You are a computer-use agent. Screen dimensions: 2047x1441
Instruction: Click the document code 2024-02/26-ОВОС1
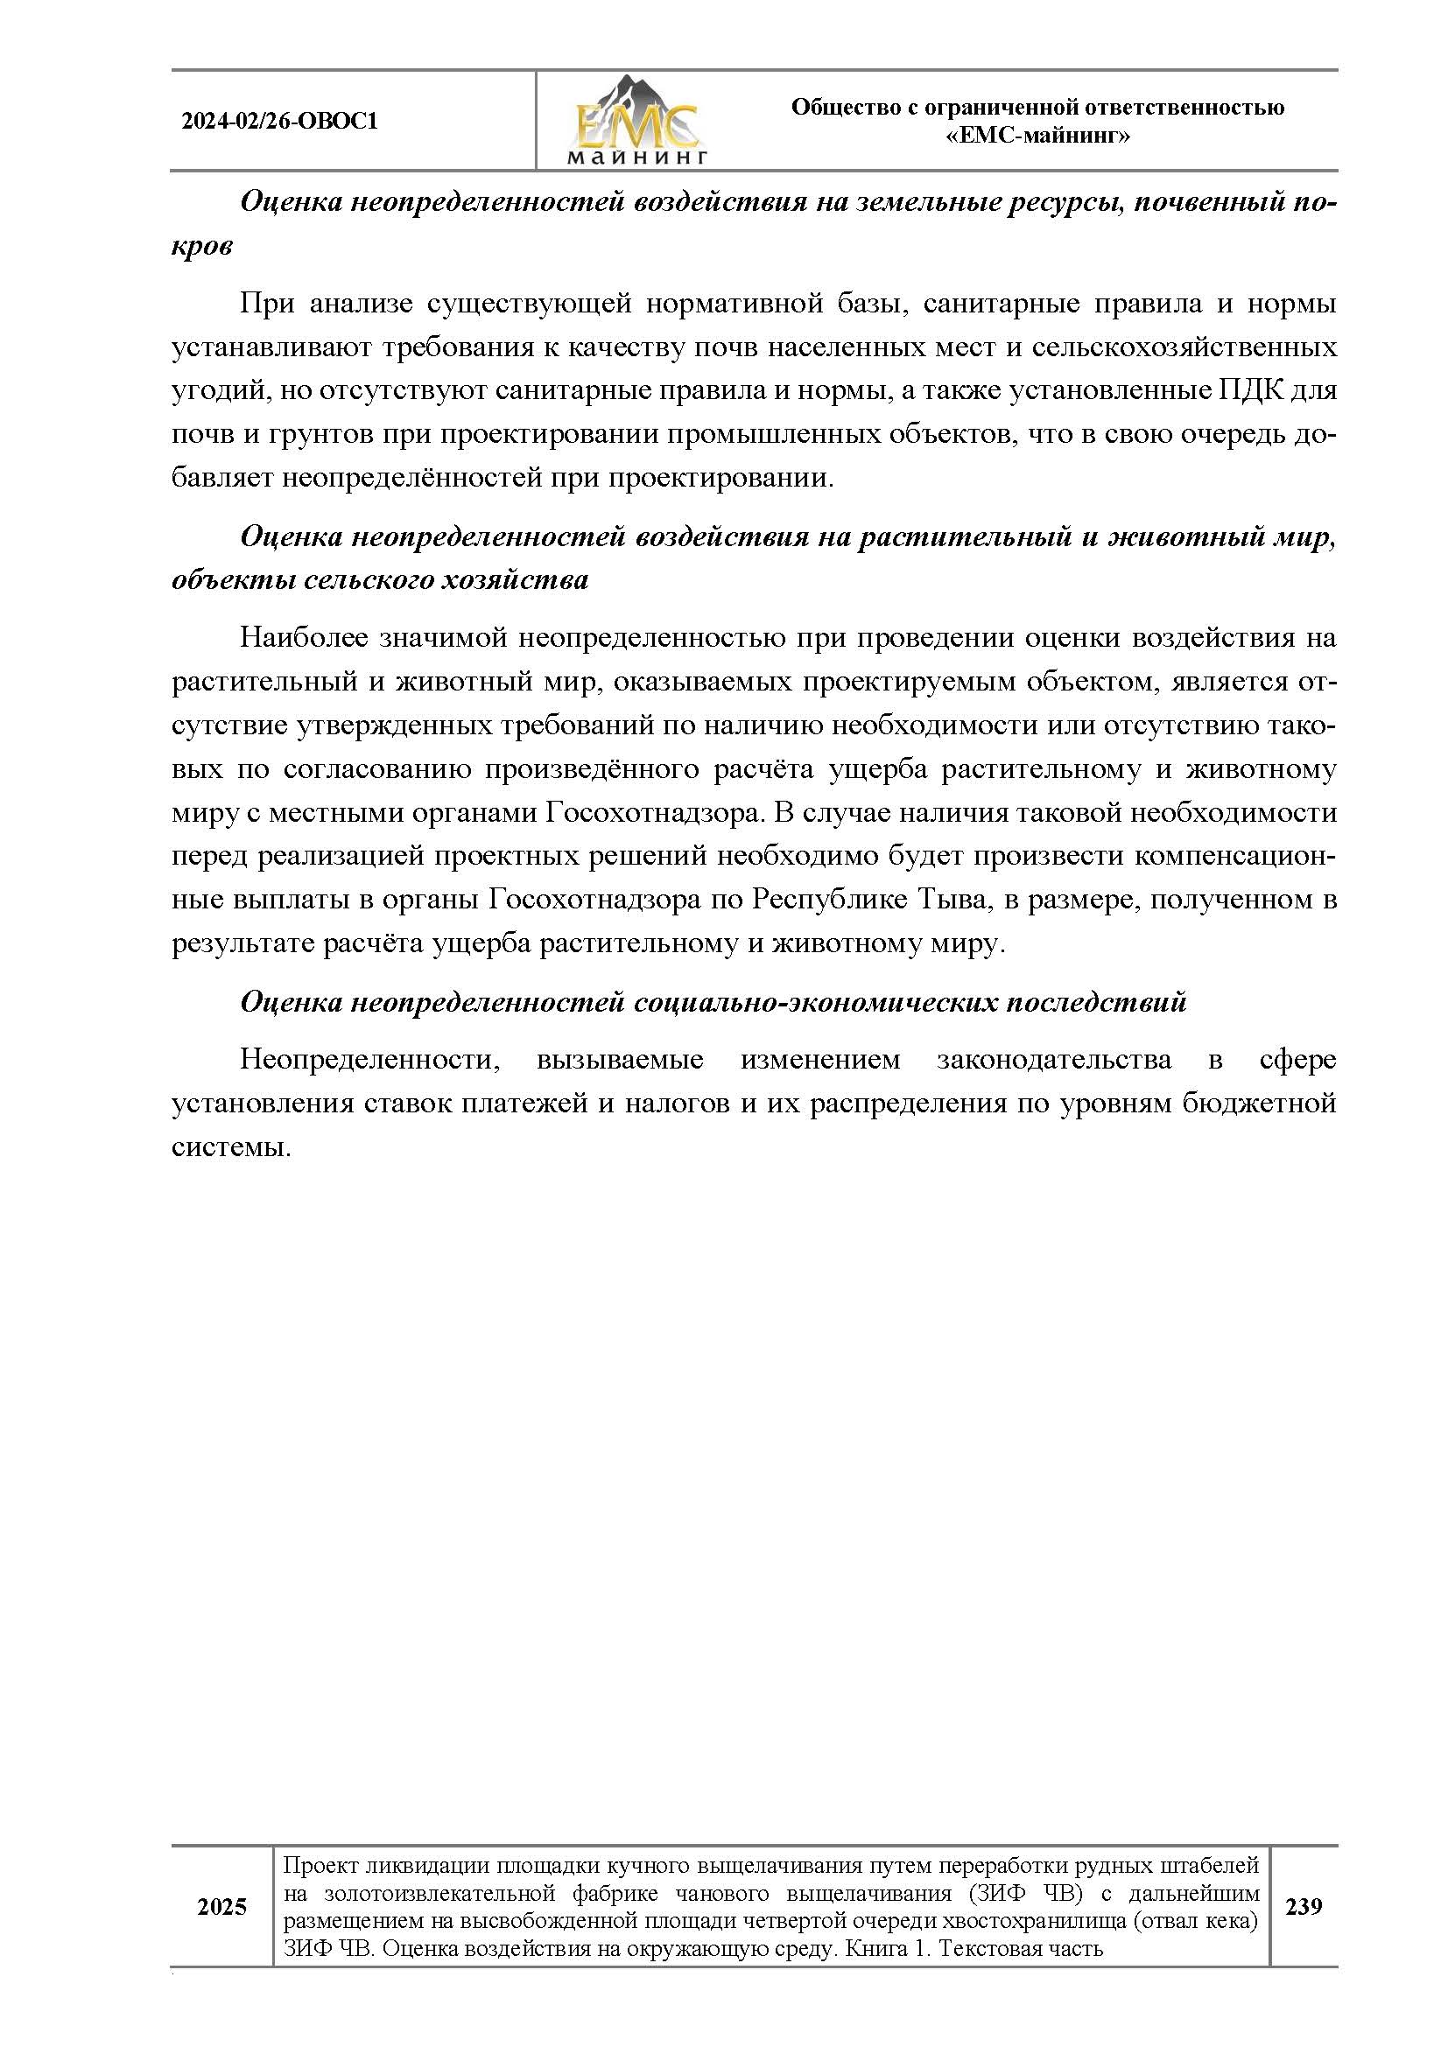pos(279,121)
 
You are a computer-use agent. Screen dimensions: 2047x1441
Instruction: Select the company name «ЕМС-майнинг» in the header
pos(1037,136)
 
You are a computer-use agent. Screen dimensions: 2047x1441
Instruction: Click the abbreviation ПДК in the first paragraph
pos(1234,390)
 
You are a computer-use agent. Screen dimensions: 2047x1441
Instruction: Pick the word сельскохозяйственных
pos(1184,347)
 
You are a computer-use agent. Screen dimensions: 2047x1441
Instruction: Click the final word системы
pos(232,1146)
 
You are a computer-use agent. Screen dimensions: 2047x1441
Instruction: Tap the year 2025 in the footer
pos(222,1906)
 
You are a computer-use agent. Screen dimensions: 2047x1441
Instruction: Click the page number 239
pos(1304,1906)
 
